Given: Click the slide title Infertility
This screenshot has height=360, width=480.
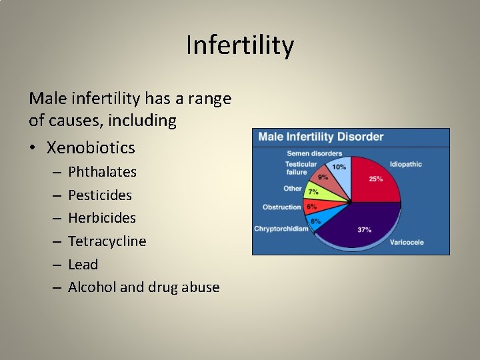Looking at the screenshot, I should pos(239,45).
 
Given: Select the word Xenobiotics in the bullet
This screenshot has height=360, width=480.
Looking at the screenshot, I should pos(91,147).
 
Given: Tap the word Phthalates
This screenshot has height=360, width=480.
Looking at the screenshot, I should pos(102,172).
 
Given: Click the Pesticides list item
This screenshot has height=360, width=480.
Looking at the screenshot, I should pos(100,195).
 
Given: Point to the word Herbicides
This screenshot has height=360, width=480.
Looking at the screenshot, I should pos(102,218).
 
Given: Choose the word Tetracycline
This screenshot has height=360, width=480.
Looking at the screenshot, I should pos(107,241).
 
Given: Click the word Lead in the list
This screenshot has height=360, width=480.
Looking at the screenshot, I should pos(83,265).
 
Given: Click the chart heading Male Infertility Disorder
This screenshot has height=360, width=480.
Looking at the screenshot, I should pos(321,137).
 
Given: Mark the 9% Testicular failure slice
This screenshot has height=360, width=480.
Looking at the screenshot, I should pos(325,179).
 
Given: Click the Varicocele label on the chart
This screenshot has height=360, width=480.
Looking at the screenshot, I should pos(407,242).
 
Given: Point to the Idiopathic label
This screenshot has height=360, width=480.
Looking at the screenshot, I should pos(406,164).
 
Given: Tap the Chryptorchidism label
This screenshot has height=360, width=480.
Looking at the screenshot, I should pos(281,229).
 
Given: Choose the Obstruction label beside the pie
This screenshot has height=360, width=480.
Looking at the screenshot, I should pos(281,207).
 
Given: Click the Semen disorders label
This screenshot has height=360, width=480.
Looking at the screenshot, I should pos(314,153).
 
